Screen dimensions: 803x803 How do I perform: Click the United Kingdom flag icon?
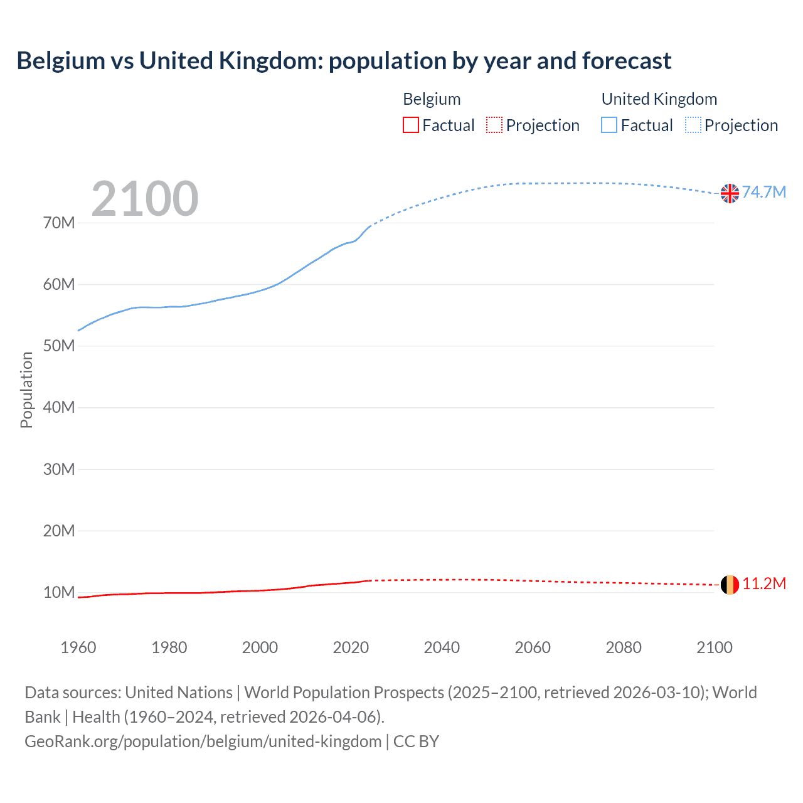[x=730, y=193]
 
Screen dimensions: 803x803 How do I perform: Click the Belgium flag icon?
[x=730, y=585]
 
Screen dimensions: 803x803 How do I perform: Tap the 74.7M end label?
[x=763, y=192]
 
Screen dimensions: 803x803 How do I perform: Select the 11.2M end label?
[x=763, y=583]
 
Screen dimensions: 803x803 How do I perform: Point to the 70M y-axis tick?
[x=59, y=223]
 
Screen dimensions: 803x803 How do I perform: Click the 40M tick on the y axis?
[x=59, y=408]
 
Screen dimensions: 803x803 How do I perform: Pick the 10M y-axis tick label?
[x=59, y=592]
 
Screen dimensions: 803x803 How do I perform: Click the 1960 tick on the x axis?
[x=78, y=647]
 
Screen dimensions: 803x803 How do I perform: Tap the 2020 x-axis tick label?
[x=351, y=647]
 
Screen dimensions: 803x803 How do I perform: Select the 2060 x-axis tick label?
[x=533, y=647]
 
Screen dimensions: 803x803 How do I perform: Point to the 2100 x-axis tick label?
[x=714, y=647]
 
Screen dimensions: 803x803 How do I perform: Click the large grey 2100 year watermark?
[x=145, y=199]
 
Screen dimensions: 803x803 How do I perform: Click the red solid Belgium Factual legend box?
[x=411, y=125]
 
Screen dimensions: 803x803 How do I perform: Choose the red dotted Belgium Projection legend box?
[x=494, y=125]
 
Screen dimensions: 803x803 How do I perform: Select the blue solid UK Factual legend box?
[x=609, y=125]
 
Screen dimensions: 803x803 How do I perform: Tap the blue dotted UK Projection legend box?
[x=693, y=125]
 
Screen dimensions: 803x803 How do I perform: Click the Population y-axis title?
[x=26, y=390]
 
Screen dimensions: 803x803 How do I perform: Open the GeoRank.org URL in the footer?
[x=203, y=742]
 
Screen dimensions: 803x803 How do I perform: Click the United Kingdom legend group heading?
[x=659, y=99]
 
